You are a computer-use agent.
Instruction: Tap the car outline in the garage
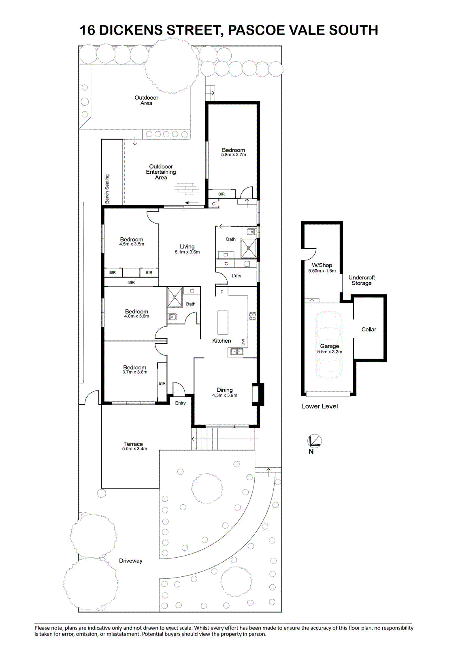329,345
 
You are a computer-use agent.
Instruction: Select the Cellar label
369,330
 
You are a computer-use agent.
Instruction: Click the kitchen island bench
223,322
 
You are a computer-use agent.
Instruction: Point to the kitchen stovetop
252,316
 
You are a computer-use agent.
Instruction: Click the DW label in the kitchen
243,342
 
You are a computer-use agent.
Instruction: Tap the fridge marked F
222,292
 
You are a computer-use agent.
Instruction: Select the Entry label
180,403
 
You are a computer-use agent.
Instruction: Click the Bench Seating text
107,189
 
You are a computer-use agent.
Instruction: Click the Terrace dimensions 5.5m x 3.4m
134,449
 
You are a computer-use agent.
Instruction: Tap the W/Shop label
322,265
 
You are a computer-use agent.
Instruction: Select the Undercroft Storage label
361,280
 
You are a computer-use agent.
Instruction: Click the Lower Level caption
320,406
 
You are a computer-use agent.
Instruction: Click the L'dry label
236,276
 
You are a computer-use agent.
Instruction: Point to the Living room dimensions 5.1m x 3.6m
187,252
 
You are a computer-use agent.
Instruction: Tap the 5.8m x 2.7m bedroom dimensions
234,155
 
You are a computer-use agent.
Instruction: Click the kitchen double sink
236,352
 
